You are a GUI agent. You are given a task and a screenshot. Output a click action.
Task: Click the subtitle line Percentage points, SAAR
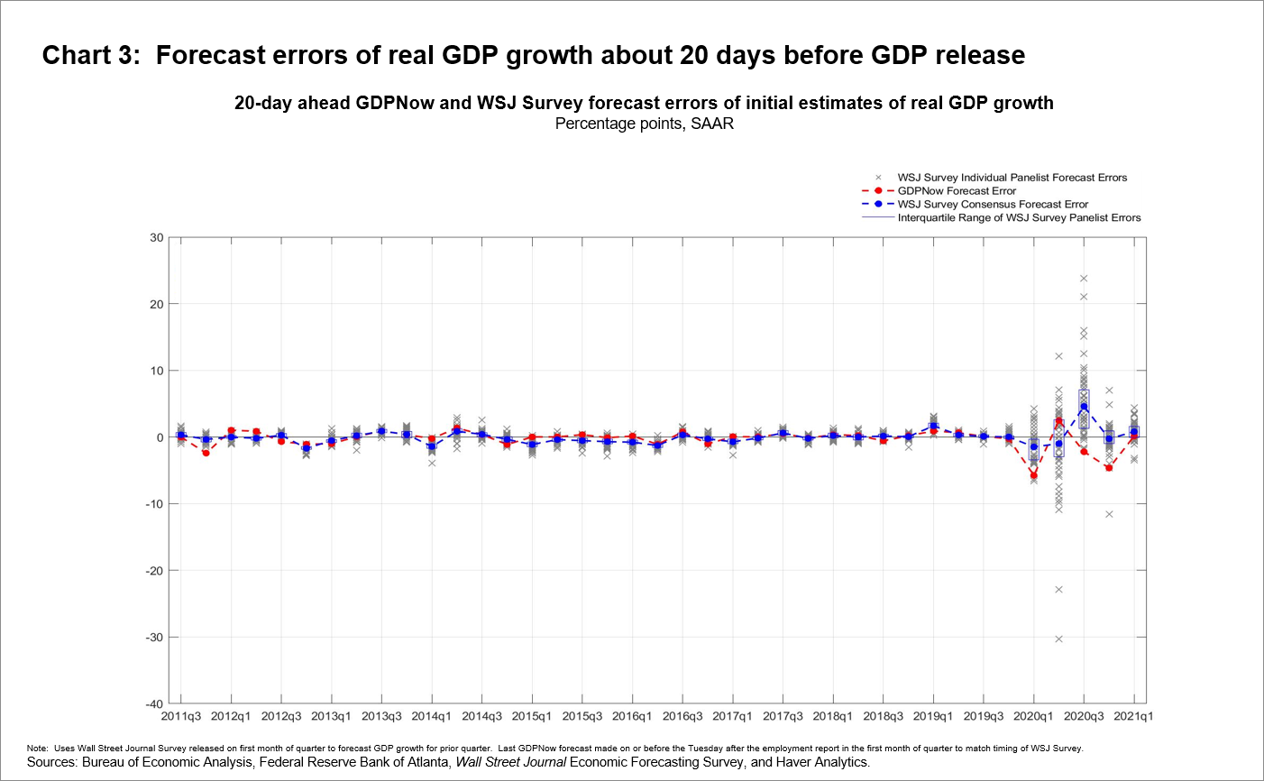tap(644, 124)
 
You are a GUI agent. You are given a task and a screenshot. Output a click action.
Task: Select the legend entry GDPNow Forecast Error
tap(956, 191)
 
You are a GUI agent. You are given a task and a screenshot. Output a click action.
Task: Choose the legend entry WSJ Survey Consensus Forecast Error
tap(992, 205)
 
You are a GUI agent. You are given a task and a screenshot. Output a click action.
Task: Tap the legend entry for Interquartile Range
tap(1019, 218)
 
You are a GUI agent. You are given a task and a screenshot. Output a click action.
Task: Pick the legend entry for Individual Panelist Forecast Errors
tap(1012, 178)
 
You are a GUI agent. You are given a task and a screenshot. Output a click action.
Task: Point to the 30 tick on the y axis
tap(157, 238)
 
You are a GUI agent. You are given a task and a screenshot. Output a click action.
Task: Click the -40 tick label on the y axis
tap(154, 704)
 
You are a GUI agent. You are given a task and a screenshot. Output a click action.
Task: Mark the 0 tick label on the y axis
tap(160, 437)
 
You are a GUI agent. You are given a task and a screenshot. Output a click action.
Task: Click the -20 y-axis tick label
tap(154, 571)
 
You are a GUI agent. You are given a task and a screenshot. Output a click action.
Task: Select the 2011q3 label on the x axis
tap(181, 717)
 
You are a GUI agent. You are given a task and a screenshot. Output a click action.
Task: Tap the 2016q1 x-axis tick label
tap(632, 717)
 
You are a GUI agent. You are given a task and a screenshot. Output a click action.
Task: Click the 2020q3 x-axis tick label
tap(1084, 717)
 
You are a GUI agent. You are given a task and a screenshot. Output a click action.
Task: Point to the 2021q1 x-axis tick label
tap(1133, 717)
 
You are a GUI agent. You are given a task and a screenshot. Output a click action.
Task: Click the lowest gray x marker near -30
tap(1058, 639)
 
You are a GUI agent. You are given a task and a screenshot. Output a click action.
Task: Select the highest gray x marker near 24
tap(1084, 278)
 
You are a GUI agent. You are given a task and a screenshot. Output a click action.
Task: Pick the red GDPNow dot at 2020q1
tap(1034, 475)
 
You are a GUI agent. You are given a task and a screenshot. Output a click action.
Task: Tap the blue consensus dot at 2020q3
tap(1084, 407)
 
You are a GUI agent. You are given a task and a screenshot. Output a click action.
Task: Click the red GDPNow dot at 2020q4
tap(1109, 468)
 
